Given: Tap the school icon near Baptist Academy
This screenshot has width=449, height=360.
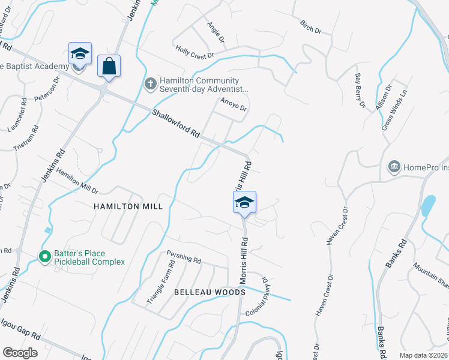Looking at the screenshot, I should pyautogui.click(x=80, y=53).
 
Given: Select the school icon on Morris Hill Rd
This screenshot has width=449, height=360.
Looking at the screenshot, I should pyautogui.click(x=244, y=202).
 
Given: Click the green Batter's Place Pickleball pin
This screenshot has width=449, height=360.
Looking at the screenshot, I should pyautogui.click(x=44, y=257).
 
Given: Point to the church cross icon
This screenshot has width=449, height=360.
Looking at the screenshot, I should pyautogui.click(x=151, y=85).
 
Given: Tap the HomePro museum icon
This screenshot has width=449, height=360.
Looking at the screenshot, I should pyautogui.click(x=394, y=166).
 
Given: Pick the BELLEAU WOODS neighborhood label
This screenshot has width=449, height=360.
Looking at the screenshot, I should pyautogui.click(x=209, y=292).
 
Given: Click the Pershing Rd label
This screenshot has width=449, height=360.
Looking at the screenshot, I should pyautogui.click(x=184, y=259).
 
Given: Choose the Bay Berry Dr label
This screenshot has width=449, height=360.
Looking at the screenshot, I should pyautogui.click(x=360, y=91).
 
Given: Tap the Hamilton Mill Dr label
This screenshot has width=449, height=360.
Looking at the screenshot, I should pyautogui.click(x=76, y=180).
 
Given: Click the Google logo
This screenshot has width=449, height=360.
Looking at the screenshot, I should pyautogui.click(x=20, y=353).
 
